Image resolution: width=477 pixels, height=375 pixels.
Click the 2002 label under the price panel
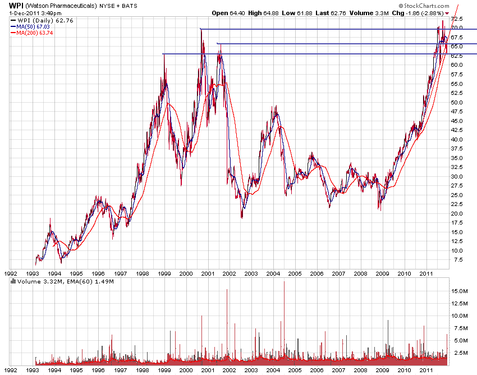tap(229, 273)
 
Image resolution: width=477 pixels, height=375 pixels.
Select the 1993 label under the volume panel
tap(33, 371)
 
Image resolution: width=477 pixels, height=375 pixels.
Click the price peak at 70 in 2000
tap(200, 29)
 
